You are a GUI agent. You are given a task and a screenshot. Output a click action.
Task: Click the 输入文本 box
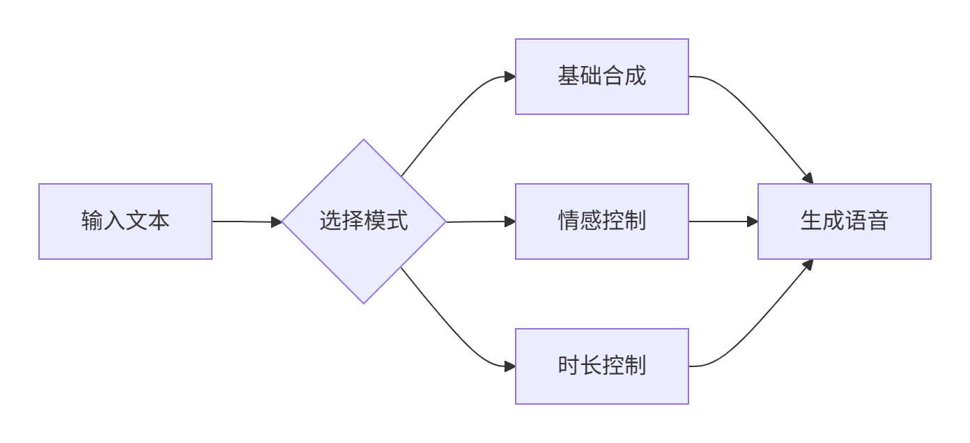click(x=125, y=221)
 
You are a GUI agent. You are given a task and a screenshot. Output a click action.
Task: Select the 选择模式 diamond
click(x=364, y=221)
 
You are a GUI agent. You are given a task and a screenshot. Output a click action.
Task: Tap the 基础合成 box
click(x=602, y=77)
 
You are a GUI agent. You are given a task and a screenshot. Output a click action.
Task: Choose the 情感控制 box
click(x=602, y=221)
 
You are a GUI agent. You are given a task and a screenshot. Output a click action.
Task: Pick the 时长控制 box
click(x=602, y=366)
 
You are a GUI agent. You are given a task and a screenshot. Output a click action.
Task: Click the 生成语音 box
click(x=845, y=221)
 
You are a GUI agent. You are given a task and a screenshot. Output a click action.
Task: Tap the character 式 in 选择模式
click(x=397, y=221)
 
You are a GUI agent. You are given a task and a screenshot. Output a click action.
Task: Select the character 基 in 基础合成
click(x=569, y=77)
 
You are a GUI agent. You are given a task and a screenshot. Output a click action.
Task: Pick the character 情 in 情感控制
click(x=569, y=221)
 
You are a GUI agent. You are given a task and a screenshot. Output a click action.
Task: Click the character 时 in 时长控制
click(x=569, y=366)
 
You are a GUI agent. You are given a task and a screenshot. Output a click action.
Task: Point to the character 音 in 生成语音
click(x=878, y=221)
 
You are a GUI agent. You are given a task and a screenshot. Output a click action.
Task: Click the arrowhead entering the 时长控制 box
click(x=509, y=366)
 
